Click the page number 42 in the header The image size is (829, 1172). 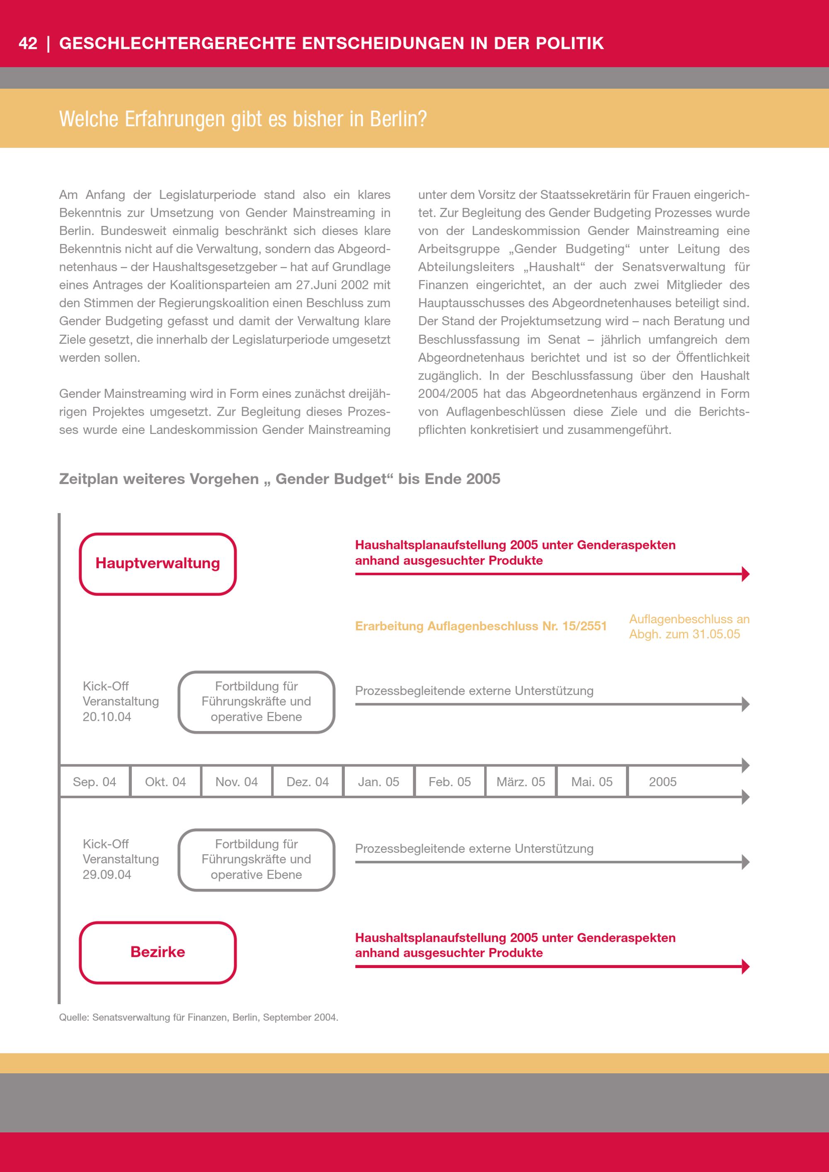pos(28,44)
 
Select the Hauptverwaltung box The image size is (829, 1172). pos(158,564)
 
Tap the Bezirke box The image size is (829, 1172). pos(158,952)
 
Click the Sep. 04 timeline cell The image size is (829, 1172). pos(95,782)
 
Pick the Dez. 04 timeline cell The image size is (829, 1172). pos(307,782)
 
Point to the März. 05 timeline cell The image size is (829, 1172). pos(521,782)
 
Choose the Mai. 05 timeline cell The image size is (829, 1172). pos(591,782)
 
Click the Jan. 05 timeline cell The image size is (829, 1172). pos(378,782)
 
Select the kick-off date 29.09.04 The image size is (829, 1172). pos(107,874)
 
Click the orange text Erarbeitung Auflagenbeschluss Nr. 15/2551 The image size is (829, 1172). pos(480,626)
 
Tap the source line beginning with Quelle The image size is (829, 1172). pos(199,1017)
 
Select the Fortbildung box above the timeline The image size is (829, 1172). pos(256,702)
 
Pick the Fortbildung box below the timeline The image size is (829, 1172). pos(256,860)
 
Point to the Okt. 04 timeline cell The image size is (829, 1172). pos(165,782)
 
